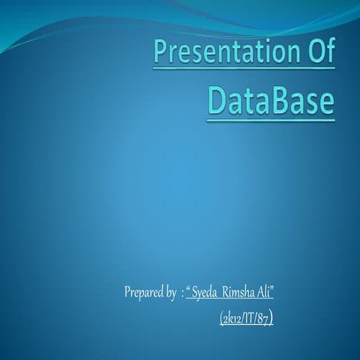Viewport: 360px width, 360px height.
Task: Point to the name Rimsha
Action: tap(239, 291)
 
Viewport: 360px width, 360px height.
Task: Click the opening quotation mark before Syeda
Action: tap(188, 288)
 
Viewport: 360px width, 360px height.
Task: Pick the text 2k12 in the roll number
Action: tap(230, 319)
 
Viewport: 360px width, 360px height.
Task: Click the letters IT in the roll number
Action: tap(247, 319)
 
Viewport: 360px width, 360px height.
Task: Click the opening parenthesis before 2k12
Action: tap(221, 319)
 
